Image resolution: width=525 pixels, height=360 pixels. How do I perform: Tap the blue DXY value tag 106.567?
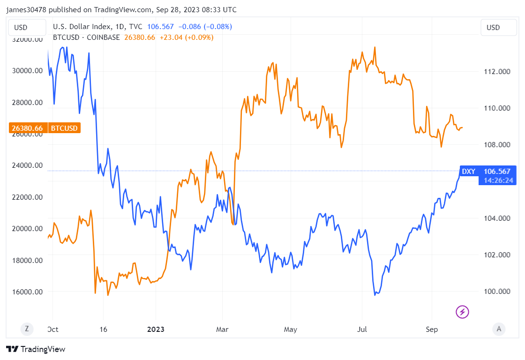click(x=497, y=172)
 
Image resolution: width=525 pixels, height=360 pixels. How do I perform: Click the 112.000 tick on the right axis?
click(x=497, y=71)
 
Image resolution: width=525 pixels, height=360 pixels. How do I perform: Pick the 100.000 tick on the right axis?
click(x=497, y=292)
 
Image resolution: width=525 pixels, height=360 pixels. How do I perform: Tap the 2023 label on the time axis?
click(x=156, y=330)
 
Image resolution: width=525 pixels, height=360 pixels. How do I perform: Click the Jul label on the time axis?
click(x=361, y=330)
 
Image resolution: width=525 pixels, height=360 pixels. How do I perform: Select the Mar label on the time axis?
click(x=222, y=330)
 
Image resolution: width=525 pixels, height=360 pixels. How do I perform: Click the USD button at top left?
click(x=26, y=28)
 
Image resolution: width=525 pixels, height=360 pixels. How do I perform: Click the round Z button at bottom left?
click(x=26, y=330)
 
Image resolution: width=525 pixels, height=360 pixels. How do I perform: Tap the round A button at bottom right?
click(x=498, y=330)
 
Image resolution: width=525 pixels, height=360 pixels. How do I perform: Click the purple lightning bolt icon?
click(x=463, y=311)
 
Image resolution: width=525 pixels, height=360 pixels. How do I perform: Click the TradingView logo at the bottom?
click(x=36, y=349)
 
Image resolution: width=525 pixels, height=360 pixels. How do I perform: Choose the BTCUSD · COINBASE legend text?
click(x=86, y=37)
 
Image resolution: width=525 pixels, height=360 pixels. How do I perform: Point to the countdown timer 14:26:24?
click(x=497, y=180)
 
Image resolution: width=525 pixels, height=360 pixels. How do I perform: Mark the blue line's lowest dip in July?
click(x=375, y=295)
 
